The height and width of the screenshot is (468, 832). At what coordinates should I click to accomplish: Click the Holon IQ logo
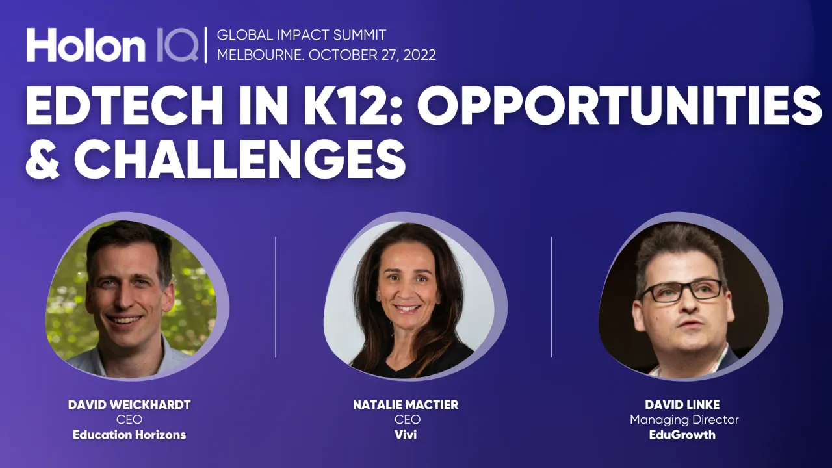[112, 45]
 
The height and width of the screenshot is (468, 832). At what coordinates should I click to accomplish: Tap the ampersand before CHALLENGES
[45, 158]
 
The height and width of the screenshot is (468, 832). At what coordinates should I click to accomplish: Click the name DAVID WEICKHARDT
[129, 405]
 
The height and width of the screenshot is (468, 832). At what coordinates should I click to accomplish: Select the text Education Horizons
[129, 435]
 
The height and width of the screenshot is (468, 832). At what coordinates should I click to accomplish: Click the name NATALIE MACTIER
[406, 405]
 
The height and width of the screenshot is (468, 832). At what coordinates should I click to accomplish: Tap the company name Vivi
[406, 435]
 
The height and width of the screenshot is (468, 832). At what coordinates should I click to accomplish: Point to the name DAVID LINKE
[682, 405]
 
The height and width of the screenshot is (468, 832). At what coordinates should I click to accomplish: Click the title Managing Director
[684, 420]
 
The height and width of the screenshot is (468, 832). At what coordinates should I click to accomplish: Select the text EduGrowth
[682, 435]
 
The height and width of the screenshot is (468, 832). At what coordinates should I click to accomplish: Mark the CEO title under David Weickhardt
[129, 420]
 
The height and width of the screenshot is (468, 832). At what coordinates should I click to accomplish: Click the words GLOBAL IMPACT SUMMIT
[302, 35]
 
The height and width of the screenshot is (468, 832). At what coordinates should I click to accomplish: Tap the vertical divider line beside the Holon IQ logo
[206, 45]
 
